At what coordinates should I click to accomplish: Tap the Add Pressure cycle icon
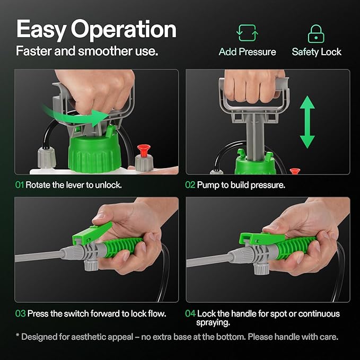pos(247,33)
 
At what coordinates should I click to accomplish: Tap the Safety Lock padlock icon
pos(316,33)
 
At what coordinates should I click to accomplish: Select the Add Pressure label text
pos(247,52)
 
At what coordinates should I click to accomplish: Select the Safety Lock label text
pos(317,52)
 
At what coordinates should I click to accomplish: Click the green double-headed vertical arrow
pos(307,122)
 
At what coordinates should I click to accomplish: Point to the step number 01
pos(19,186)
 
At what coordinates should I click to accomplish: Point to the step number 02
pos(190,186)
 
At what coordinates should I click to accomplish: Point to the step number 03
pos(20,313)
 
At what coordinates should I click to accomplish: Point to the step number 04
pos(190,313)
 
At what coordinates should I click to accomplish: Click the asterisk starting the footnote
pos(17,336)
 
